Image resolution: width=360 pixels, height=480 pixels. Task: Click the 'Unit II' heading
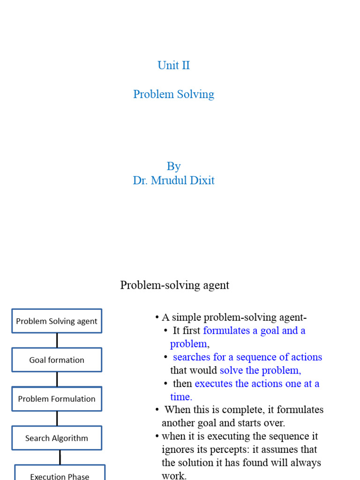tap(173, 65)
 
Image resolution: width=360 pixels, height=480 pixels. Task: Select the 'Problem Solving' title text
tap(173, 94)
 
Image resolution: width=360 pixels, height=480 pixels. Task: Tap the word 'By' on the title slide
tap(173, 166)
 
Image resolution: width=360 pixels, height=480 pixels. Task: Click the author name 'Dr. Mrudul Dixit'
tap(173, 180)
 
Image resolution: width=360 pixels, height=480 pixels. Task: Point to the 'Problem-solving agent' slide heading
tap(174, 285)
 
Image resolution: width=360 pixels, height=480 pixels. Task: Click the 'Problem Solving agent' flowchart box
tap(57, 321)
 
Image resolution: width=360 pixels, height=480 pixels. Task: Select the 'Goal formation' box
tap(57, 360)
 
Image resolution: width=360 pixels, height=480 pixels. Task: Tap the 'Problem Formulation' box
tap(57, 399)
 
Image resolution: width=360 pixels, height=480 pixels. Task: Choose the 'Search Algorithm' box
tap(57, 438)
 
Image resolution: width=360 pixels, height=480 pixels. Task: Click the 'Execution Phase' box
tap(60, 474)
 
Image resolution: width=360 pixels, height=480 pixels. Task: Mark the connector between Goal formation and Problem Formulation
tap(57, 379)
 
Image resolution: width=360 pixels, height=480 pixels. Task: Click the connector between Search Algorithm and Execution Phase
tap(60, 457)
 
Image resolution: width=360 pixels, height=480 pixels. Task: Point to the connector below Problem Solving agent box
tap(57, 340)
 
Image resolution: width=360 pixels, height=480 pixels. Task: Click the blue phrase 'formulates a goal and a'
tap(254, 330)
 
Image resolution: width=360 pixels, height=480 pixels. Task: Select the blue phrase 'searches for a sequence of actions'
tap(247, 357)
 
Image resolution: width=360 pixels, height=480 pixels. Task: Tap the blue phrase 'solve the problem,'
tap(260, 370)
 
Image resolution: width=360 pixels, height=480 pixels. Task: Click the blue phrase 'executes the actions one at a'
tap(257, 383)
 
